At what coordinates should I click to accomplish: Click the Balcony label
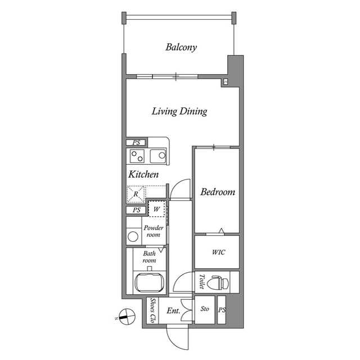(181, 47)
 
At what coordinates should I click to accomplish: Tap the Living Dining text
(179, 111)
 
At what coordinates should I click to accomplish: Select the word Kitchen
(143, 175)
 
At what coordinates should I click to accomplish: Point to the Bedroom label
(218, 192)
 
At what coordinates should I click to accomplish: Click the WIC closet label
(218, 252)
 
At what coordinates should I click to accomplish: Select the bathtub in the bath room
(149, 282)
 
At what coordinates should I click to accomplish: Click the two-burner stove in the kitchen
(138, 155)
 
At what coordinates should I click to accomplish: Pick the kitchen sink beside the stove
(159, 155)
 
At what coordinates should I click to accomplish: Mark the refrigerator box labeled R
(136, 195)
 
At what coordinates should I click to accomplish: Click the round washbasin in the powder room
(133, 236)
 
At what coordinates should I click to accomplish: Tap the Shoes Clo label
(152, 310)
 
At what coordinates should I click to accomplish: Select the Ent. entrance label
(172, 310)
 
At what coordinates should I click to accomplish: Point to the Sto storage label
(205, 309)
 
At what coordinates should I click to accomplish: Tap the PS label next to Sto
(222, 310)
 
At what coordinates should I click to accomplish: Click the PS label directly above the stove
(136, 143)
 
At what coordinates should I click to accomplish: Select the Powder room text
(154, 231)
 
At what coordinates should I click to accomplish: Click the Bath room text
(149, 257)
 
